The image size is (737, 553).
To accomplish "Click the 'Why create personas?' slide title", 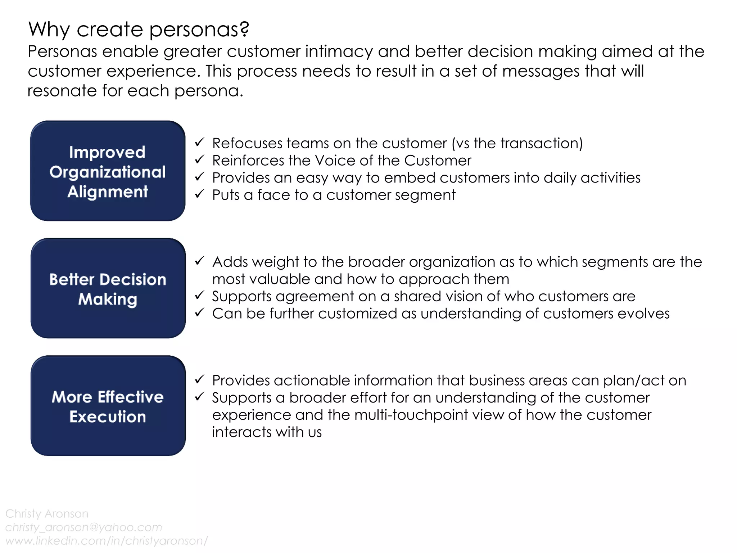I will (139, 30).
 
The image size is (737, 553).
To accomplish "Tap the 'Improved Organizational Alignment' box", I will (108, 171).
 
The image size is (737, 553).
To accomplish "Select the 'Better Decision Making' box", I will (108, 288).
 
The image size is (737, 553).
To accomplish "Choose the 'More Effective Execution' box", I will (108, 406).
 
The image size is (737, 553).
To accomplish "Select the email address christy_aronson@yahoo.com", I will (83, 527).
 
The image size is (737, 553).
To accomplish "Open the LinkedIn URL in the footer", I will (107, 541).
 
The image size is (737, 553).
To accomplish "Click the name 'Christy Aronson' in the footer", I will (47, 513).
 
